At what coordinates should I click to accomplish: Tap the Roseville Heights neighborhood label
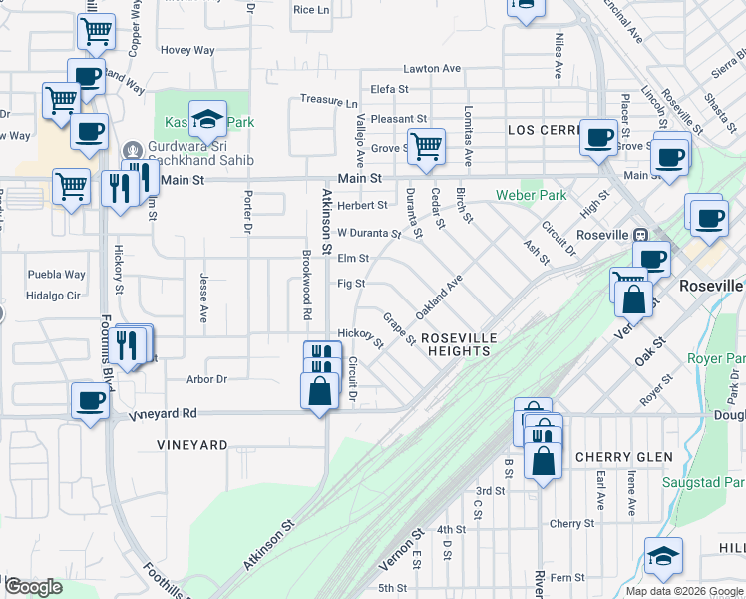pos(456,344)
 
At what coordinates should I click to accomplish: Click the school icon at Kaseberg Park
pos(207,119)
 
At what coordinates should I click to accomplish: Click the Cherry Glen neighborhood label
pos(623,456)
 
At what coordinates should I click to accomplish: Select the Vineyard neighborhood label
pos(192,444)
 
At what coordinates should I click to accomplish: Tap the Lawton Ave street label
pos(432,69)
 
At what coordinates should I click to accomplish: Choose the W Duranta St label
pos(368,234)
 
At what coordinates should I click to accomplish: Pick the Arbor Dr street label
pos(207,379)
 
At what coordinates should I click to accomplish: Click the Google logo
pos(33,587)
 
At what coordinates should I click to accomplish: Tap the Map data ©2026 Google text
pos(685,591)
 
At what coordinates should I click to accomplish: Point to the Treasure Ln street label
pos(328,102)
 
